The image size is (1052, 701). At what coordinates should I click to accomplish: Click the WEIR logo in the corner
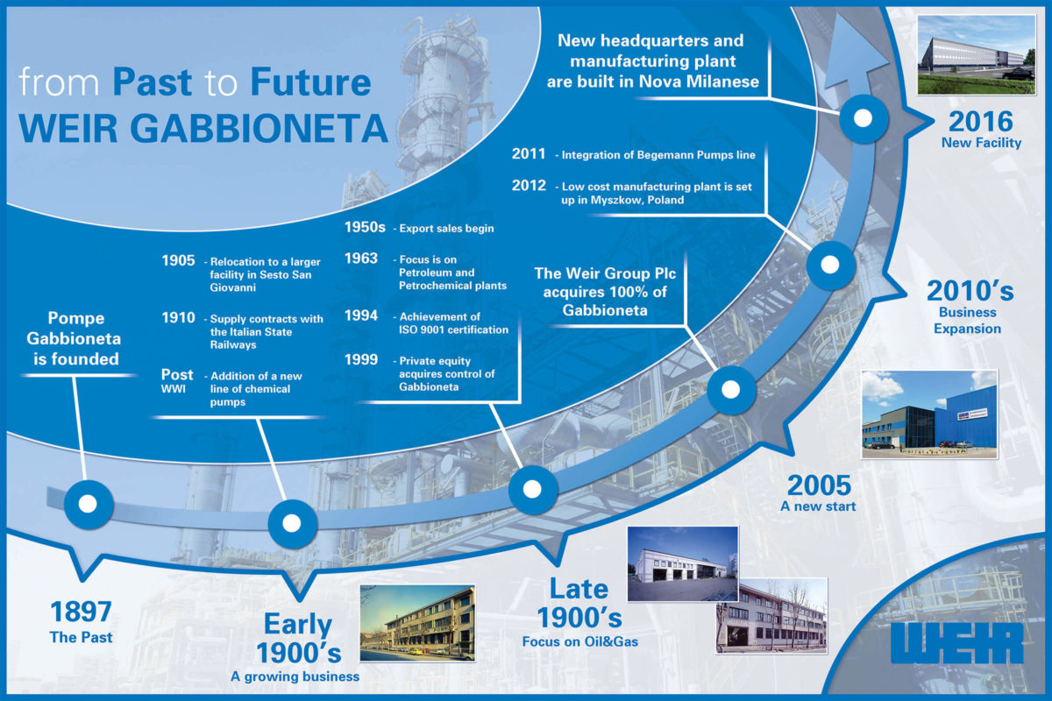pyautogui.click(x=956, y=643)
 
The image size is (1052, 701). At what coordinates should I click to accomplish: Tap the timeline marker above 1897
pyautogui.click(x=89, y=504)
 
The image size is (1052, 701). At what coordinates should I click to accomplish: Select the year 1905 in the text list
pyautogui.click(x=178, y=260)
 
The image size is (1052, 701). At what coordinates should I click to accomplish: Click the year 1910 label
pyautogui.click(x=178, y=318)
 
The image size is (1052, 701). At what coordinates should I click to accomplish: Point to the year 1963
pyautogui.click(x=360, y=258)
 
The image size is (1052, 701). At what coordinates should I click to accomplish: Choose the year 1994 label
pyautogui.click(x=360, y=315)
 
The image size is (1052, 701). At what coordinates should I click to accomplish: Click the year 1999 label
pyautogui.click(x=360, y=359)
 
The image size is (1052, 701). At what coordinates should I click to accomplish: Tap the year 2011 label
pyautogui.click(x=529, y=154)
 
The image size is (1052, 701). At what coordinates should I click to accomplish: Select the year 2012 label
pyautogui.click(x=529, y=186)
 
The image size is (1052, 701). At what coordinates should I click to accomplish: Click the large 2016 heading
pyautogui.click(x=981, y=122)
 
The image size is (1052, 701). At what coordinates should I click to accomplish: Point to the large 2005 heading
pyautogui.click(x=819, y=485)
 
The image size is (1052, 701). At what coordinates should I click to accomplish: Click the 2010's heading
pyautogui.click(x=970, y=291)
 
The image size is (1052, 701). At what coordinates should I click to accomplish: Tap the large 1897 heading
pyautogui.click(x=81, y=612)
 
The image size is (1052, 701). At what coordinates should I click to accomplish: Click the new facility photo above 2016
pyautogui.click(x=977, y=55)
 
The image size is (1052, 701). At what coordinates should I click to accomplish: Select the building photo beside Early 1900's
pyautogui.click(x=417, y=623)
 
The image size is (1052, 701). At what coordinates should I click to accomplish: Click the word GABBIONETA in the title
pyautogui.click(x=259, y=128)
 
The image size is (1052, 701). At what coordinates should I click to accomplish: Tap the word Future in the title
pyautogui.click(x=310, y=82)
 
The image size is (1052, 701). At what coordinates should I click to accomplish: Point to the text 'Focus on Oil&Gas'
pyautogui.click(x=580, y=641)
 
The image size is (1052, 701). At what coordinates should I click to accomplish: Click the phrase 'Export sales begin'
pyautogui.click(x=446, y=228)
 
